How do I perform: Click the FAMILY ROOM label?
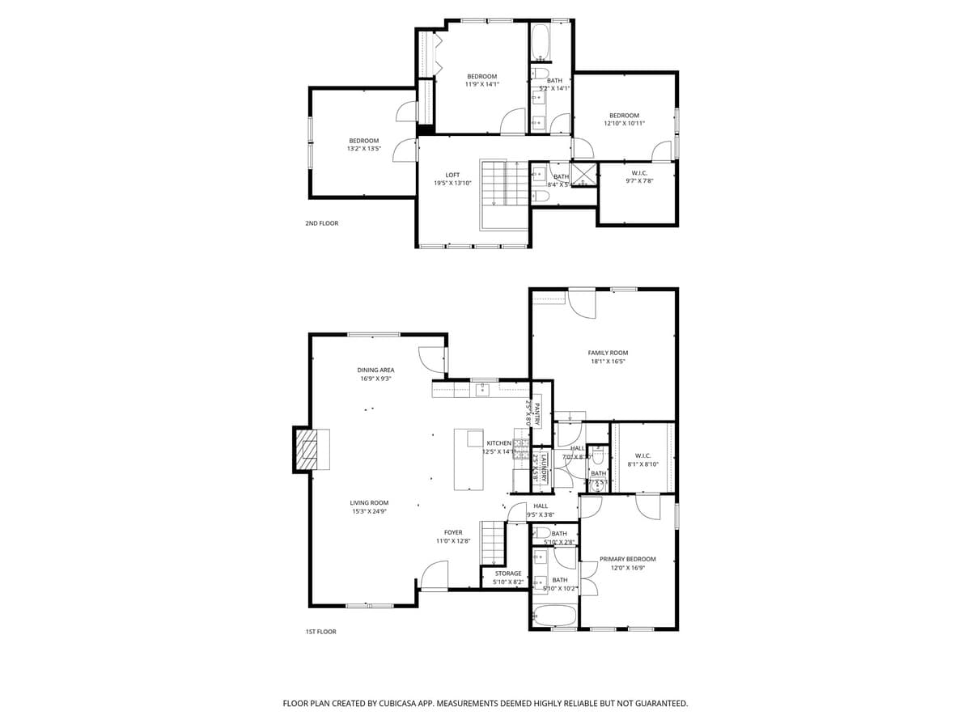click(x=607, y=353)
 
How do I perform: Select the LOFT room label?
click(x=452, y=175)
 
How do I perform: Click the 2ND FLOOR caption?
click(x=321, y=223)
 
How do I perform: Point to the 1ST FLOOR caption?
click(x=320, y=632)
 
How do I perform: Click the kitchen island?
click(x=469, y=459)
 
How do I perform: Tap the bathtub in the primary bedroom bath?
click(x=554, y=616)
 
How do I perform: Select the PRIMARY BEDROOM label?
click(x=627, y=559)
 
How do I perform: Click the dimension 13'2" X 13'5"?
click(x=363, y=149)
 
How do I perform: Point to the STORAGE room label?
click(x=508, y=574)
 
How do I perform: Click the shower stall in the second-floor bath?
click(x=585, y=175)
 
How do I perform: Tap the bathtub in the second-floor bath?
click(x=541, y=42)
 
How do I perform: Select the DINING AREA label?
click(x=375, y=370)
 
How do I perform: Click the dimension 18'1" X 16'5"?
click(x=607, y=362)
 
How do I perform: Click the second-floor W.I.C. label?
click(x=638, y=173)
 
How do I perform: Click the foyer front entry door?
click(x=434, y=578)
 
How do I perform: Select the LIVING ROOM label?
click(x=369, y=502)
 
